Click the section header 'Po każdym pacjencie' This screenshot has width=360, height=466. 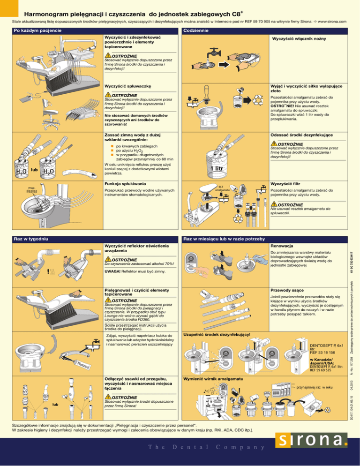37,31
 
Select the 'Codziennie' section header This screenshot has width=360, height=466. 199,31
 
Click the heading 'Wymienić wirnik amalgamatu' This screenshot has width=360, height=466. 213,378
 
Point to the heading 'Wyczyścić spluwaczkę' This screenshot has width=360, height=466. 126,87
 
